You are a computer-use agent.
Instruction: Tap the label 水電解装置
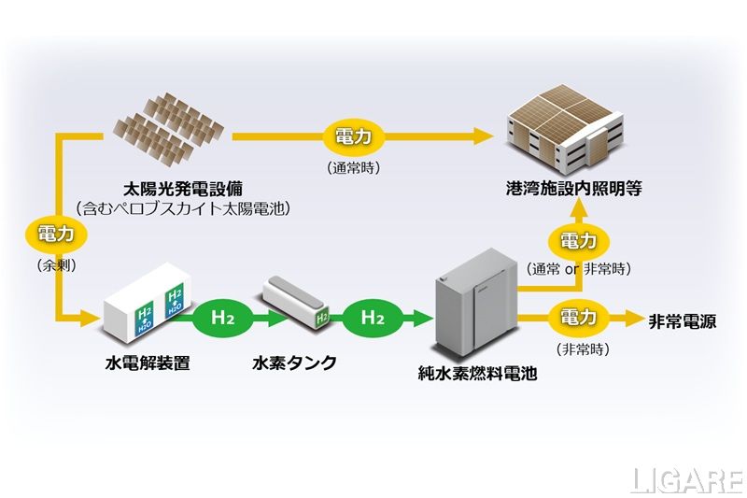[148, 363]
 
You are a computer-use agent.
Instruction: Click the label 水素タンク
[295, 363]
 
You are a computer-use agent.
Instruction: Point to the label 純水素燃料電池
[477, 374]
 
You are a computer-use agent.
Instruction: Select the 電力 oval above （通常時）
[353, 137]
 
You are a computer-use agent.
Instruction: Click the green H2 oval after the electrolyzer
[223, 318]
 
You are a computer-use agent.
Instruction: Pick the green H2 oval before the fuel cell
[373, 318]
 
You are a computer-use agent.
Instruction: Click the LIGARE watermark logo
[686, 479]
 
